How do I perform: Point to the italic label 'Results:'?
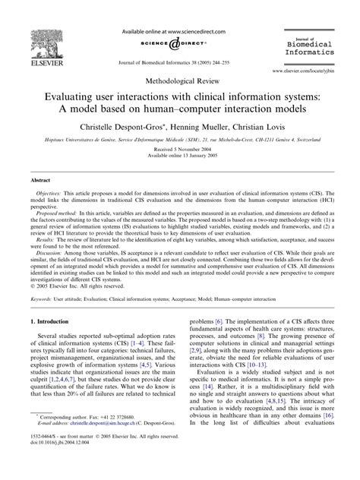tap(47, 258)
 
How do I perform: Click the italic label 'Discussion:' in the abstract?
tap(52, 273)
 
